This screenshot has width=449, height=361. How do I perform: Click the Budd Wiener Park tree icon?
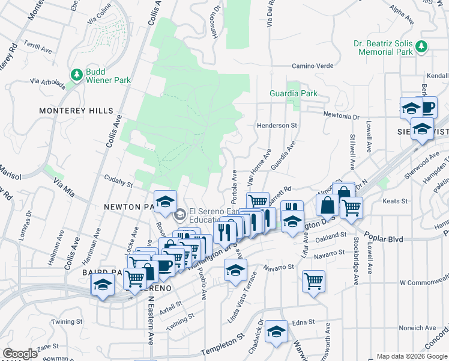pos(76,75)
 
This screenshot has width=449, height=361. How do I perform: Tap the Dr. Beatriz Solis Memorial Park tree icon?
pos(421,46)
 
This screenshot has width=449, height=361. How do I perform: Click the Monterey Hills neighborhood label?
pos(76,111)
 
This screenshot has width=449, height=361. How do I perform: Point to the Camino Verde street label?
pos(312,66)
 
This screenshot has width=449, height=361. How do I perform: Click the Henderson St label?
pos(277,125)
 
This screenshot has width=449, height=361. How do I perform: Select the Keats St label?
pos(395,200)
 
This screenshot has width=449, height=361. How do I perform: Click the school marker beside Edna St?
pos(276,331)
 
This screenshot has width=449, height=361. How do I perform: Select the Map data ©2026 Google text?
pos(412,356)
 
